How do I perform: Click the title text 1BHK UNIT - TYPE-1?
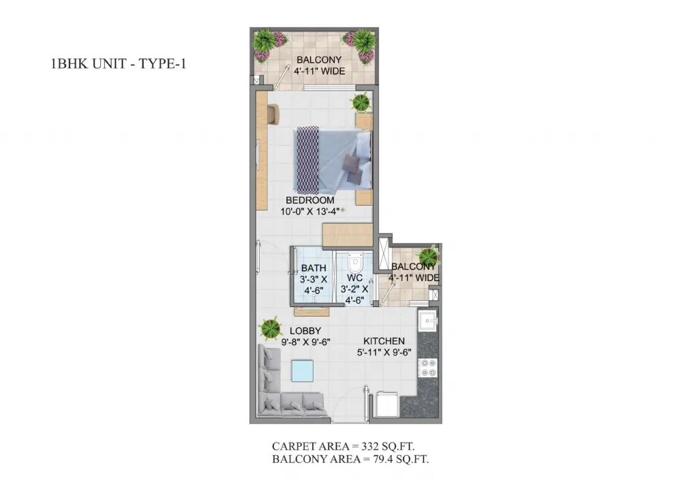coord(118,65)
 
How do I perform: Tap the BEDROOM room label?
coord(309,200)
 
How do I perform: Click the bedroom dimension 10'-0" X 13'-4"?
coord(309,212)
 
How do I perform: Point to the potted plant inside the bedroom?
coord(360,103)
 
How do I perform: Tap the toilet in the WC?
coord(354,262)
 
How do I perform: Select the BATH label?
coord(314,268)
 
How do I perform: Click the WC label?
coord(354,278)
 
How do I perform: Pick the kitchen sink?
coord(428,321)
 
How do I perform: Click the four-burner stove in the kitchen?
coord(428,368)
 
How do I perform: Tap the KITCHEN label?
coord(384,341)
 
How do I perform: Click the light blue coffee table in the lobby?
coord(302,371)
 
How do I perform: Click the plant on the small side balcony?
coord(428,257)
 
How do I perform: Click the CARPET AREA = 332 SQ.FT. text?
coord(343,447)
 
